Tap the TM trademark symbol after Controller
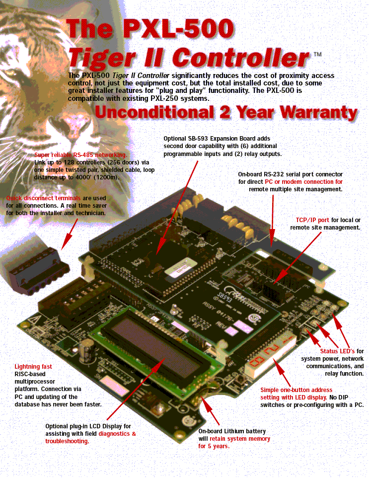(317, 54)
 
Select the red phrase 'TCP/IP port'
(312, 220)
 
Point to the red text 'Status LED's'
(337, 351)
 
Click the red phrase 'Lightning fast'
(33, 366)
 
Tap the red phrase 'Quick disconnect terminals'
(43, 198)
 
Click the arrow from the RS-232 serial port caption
(272, 221)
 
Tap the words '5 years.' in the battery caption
(218, 446)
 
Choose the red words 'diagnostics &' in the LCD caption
(117, 433)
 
